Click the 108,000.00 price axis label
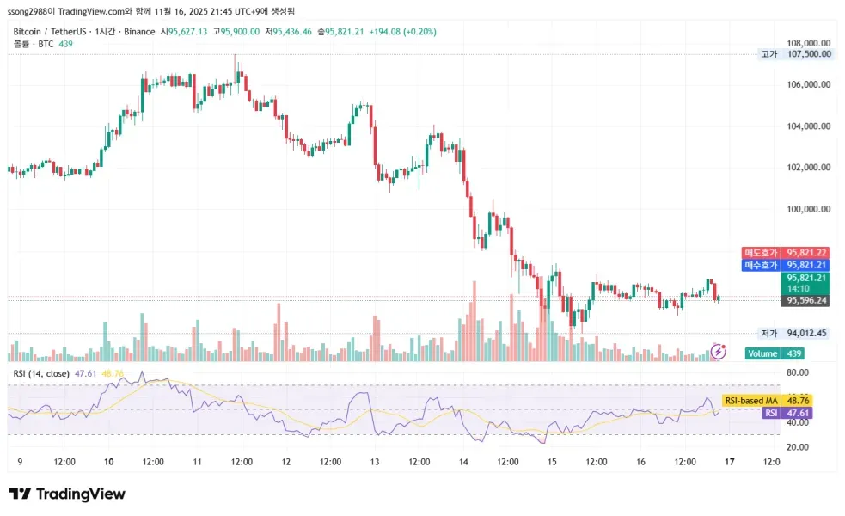809,43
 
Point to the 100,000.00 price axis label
809,208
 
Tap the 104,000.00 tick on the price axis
809,126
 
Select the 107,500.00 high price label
809,54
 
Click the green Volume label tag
762,353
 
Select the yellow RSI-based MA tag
751,401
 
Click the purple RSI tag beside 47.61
770,414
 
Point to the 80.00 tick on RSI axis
799,372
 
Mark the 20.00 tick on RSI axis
799,447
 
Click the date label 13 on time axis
375,462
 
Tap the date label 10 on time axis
109,462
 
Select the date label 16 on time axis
640,462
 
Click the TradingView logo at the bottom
67,494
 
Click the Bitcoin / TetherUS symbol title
50,31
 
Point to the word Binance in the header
138,31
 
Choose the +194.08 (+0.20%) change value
402,31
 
